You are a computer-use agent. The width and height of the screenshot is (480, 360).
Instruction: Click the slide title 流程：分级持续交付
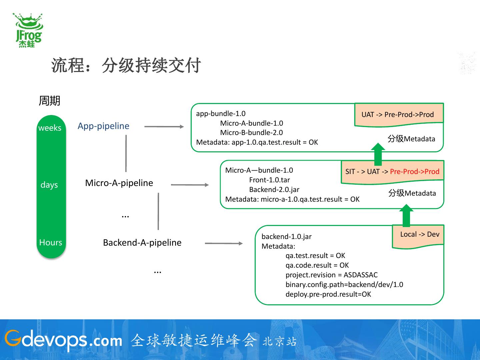point(126,65)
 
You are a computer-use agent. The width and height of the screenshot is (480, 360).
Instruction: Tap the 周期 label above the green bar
point(49,101)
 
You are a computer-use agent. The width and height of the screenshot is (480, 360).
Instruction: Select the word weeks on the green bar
point(50,128)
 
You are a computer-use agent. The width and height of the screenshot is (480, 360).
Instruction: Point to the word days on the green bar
point(49,185)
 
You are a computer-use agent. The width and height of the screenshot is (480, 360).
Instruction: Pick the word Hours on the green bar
point(51,242)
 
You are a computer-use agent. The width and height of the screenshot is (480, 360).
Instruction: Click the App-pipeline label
point(103,126)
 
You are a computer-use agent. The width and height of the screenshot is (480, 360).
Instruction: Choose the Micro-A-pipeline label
point(119,183)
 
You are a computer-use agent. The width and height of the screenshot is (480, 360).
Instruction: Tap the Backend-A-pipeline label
point(142,243)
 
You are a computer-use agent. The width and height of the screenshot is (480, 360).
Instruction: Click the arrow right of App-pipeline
point(164,127)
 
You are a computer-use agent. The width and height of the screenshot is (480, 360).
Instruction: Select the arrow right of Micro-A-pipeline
point(190,185)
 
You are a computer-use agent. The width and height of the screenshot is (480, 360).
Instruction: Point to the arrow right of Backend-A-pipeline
point(224,243)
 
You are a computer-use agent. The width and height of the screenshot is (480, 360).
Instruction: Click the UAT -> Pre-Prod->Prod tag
point(398,115)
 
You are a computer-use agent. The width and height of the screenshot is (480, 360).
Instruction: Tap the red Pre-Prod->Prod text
point(415,172)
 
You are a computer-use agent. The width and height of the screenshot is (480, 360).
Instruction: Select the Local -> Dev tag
point(420,234)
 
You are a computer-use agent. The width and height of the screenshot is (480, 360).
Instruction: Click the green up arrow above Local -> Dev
point(406,216)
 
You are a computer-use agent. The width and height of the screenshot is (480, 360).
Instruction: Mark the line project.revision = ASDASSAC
point(331,275)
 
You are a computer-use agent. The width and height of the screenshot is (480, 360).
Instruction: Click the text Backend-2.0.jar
point(274,190)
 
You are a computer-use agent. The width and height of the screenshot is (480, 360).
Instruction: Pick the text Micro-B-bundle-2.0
point(251,133)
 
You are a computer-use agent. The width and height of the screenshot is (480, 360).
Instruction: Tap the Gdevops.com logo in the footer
point(63,340)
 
